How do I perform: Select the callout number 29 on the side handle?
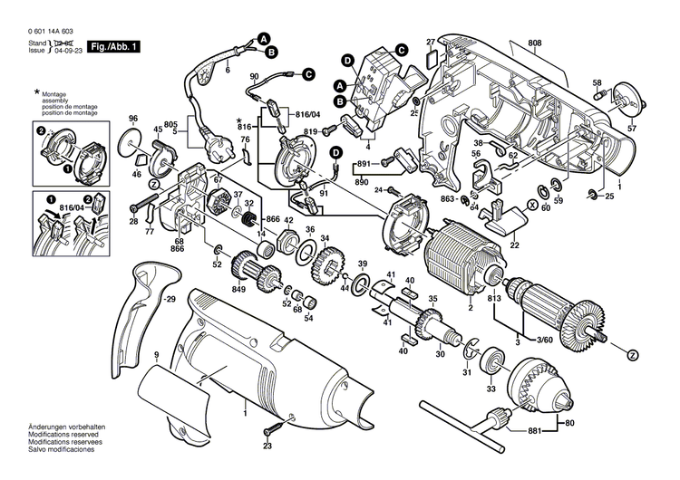[168, 298]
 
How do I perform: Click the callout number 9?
[156, 354]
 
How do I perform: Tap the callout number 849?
[239, 289]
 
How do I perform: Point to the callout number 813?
[493, 299]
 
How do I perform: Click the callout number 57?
[632, 129]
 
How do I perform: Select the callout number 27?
[431, 42]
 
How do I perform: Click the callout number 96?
[133, 119]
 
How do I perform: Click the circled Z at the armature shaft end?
[632, 353]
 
